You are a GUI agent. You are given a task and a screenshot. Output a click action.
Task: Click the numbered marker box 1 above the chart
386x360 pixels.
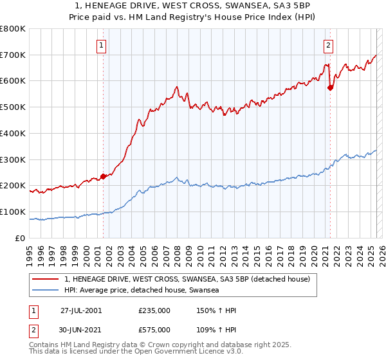click(x=102, y=45)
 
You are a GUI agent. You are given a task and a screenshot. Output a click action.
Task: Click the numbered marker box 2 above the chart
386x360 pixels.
click(x=329, y=45)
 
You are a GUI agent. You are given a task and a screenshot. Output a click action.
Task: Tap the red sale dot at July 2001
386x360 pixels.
click(x=103, y=176)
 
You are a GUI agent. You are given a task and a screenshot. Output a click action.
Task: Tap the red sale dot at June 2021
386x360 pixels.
click(x=330, y=88)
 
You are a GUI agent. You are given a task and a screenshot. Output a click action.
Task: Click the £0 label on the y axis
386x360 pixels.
click(x=21, y=238)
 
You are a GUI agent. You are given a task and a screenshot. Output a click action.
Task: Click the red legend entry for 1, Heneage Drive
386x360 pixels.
click(x=187, y=279)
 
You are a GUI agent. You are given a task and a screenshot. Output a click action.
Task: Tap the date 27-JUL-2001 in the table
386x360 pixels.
click(x=81, y=310)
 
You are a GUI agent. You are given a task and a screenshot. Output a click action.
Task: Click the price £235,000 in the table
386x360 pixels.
click(x=154, y=310)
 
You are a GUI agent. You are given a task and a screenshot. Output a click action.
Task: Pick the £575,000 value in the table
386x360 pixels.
click(x=154, y=330)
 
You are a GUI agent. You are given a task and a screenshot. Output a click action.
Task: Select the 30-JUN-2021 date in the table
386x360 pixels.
click(x=81, y=330)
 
